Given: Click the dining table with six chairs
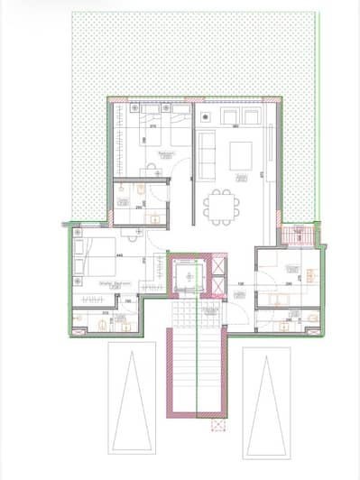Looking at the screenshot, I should (x=217, y=207).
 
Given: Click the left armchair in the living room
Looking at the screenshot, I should (x=226, y=118).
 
